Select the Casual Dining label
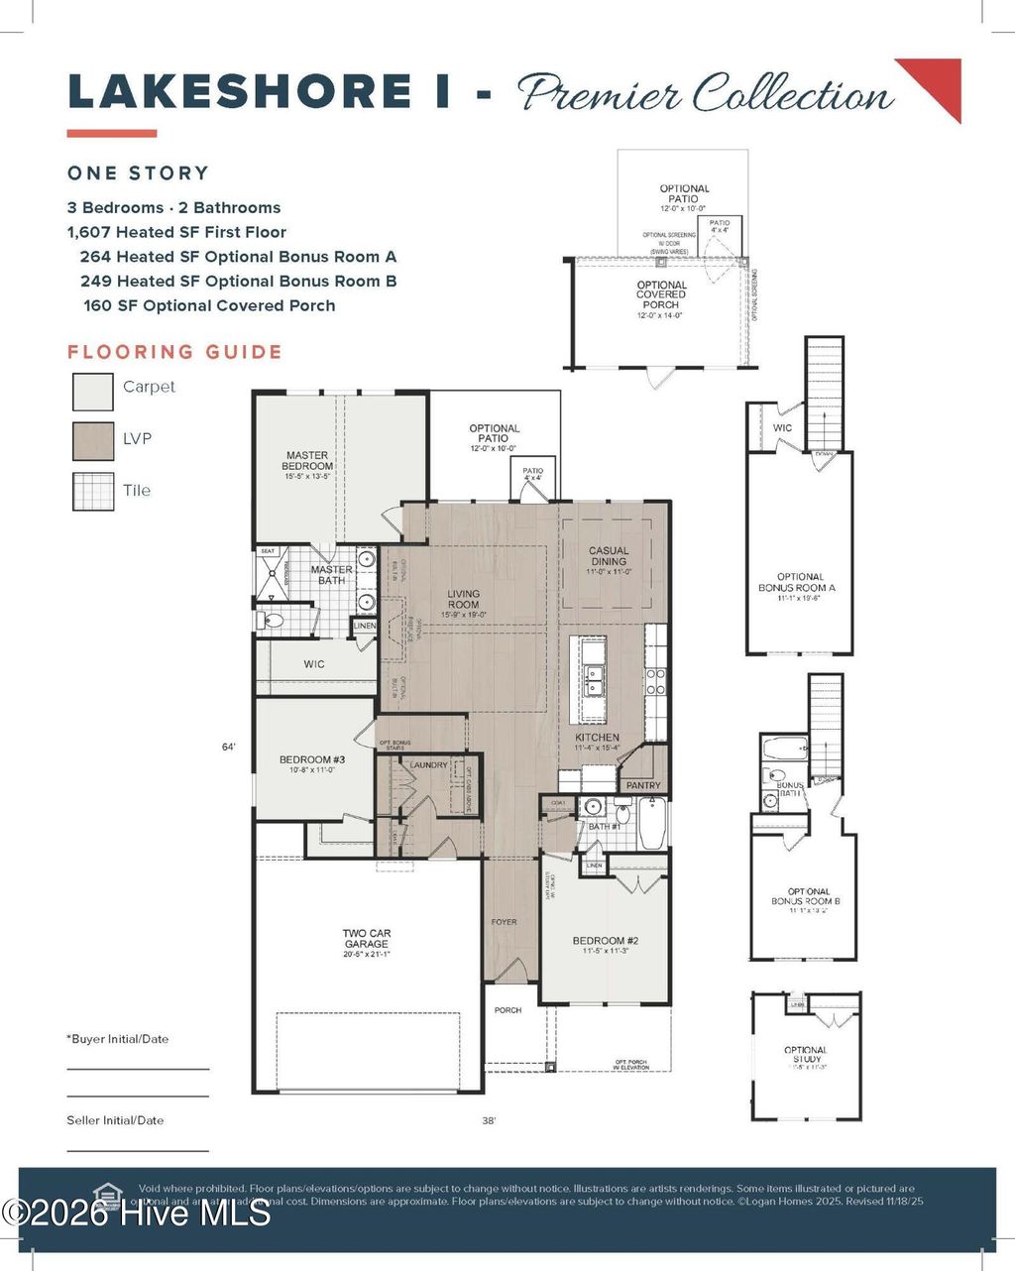(609, 556)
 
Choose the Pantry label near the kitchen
(643, 785)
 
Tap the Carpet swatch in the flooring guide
(93, 390)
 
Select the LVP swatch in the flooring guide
(93, 441)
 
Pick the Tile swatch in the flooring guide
(93, 492)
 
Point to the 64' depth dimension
(228, 748)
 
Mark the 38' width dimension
(489, 1121)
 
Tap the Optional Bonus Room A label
(799, 582)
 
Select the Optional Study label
(805, 1055)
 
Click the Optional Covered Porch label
(661, 295)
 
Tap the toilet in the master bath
(271, 622)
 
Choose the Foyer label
(504, 922)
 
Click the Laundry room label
(429, 765)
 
